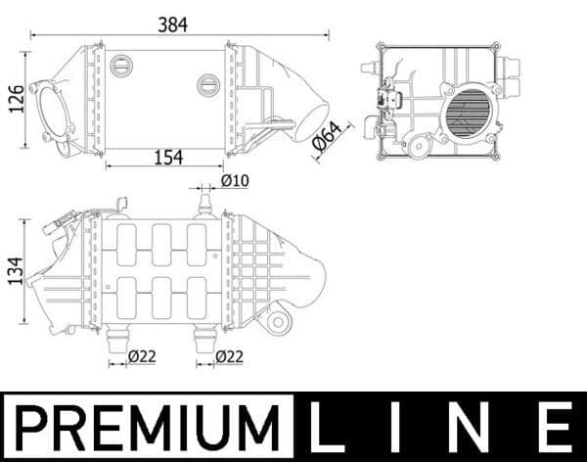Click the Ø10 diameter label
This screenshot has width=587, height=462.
tap(235, 180)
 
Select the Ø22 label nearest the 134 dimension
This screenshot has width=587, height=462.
tap(141, 357)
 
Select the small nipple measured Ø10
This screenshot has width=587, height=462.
tap(204, 202)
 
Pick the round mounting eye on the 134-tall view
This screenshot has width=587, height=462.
tap(278, 320)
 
